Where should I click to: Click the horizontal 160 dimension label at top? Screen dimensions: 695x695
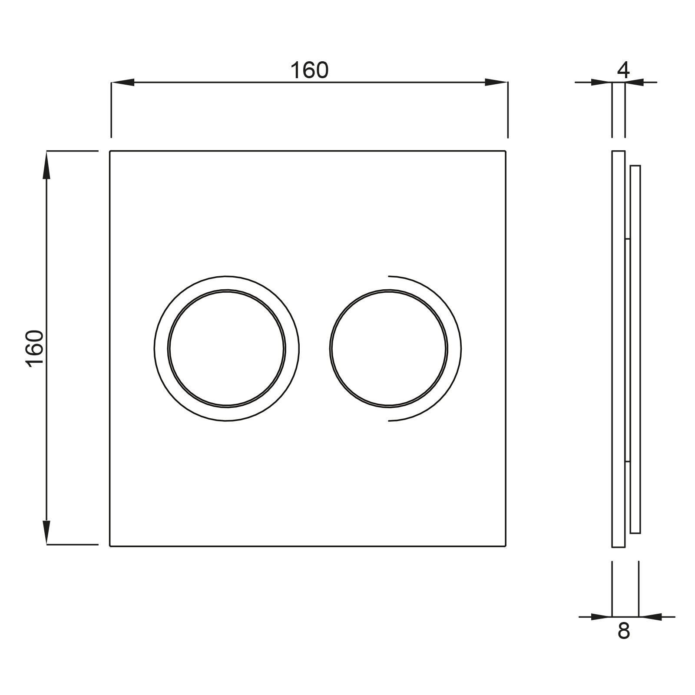[x=309, y=70]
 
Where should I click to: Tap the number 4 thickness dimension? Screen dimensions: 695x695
[x=623, y=70]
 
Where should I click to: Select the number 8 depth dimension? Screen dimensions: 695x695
[x=623, y=631]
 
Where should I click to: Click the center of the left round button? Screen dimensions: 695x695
[x=227, y=348]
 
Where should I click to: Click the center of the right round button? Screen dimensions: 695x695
[x=388, y=348]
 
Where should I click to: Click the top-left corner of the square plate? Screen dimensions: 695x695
[x=110, y=151]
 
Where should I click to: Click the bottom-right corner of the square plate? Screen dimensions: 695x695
[x=506, y=546]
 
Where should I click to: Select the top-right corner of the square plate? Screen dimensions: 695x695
[x=506, y=151]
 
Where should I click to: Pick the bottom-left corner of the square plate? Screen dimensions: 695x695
[x=110, y=546]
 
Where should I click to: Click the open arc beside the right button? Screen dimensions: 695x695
[x=460, y=348]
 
